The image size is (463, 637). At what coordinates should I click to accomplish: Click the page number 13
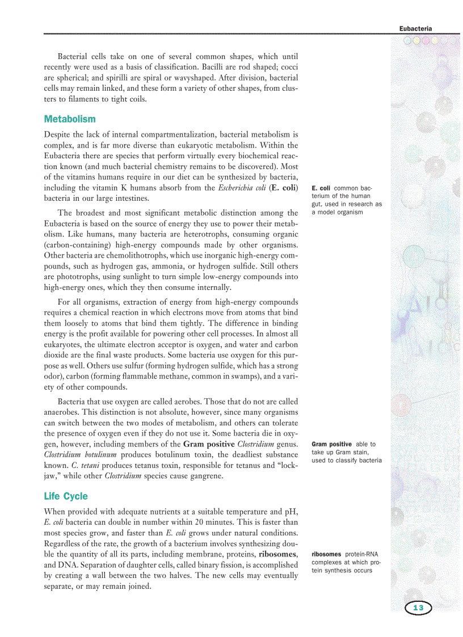point(418,608)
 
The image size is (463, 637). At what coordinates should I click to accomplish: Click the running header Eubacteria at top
point(415,28)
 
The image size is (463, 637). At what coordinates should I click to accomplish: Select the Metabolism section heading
point(70,119)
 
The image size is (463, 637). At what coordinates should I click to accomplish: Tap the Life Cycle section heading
point(66,496)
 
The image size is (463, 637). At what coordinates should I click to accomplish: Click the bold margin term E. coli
point(321,188)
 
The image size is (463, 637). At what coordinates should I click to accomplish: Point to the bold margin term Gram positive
point(332,444)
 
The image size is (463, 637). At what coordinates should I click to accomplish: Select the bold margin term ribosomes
point(326,554)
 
